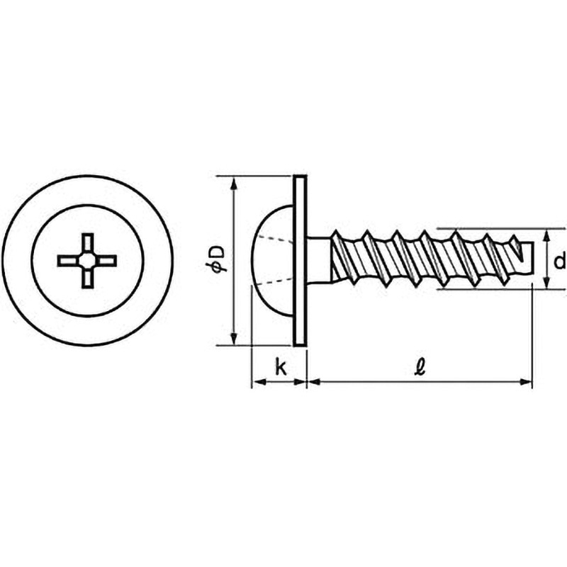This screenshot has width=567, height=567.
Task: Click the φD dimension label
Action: click(218, 258)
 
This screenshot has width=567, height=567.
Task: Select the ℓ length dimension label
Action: click(420, 367)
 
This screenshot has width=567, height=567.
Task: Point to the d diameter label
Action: click(559, 261)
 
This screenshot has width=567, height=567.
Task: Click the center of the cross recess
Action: click(87, 260)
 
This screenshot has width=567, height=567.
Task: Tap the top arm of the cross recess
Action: click(87, 243)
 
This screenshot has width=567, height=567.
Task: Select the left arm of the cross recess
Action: click(69, 261)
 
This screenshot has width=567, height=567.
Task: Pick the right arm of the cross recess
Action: click(105, 261)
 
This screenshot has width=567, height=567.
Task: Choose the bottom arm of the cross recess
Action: click(87, 277)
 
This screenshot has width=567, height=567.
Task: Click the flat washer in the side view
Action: click(300, 260)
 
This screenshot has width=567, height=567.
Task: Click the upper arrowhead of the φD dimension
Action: click(235, 184)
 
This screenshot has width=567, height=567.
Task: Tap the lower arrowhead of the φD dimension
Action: click(235, 337)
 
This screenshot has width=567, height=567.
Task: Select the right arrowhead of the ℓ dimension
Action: click(525, 382)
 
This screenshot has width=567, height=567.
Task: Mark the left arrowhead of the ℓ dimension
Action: click(314, 382)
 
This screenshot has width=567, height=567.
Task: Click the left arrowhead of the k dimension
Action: click(259, 382)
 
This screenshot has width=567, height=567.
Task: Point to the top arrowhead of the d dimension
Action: click(546, 237)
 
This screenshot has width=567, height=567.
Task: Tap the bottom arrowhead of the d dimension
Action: click(546, 281)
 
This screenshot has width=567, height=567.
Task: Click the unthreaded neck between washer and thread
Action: click(319, 260)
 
